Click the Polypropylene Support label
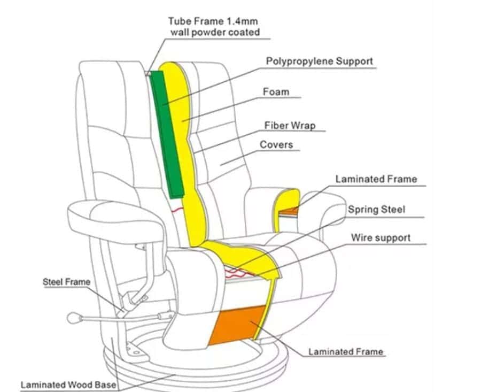320,62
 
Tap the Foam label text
276,92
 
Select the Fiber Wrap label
290,126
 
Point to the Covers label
276,144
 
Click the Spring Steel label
376,210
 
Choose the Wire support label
381,238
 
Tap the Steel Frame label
66,282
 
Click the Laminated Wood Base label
68,385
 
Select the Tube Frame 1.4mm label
213,21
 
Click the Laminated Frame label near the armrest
376,179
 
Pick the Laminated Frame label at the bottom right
346,351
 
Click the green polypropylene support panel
167,134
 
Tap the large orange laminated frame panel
237,325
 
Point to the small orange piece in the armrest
288,211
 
